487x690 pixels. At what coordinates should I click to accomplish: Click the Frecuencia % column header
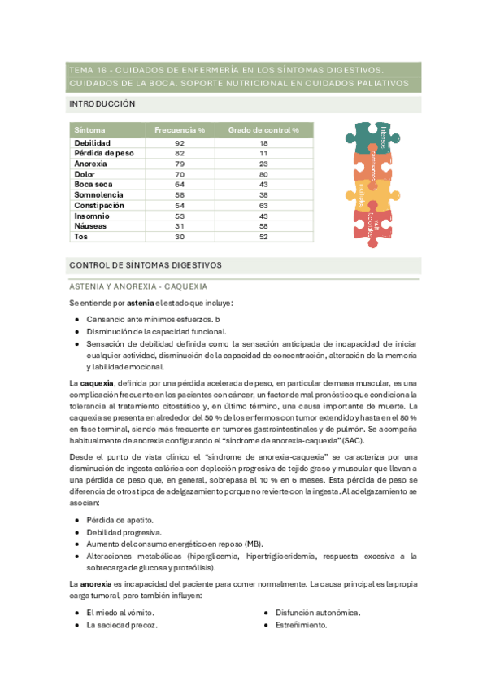pos(180,130)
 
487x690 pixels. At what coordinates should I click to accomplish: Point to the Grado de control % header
pos(263,130)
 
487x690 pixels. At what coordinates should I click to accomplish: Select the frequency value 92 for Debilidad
pos(180,143)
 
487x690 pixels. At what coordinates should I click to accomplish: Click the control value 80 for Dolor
pos(263,173)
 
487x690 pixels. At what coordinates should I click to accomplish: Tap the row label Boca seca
pos(93,184)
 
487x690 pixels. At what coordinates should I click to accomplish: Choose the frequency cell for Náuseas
pos(180,225)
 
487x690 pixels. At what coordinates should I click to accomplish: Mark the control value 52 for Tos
pos(263,236)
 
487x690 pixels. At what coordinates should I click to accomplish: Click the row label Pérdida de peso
pos(104,153)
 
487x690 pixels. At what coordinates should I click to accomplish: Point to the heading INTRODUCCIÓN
pos(102,104)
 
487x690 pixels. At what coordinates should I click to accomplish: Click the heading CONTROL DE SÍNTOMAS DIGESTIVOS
pos(146,265)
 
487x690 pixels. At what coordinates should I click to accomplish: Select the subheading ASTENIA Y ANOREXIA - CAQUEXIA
pos(138,286)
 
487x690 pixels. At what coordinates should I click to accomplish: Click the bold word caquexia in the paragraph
pos(96,383)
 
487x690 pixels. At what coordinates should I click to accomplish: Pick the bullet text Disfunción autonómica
pos(318,613)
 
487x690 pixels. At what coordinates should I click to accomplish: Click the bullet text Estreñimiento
pos(302,625)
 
